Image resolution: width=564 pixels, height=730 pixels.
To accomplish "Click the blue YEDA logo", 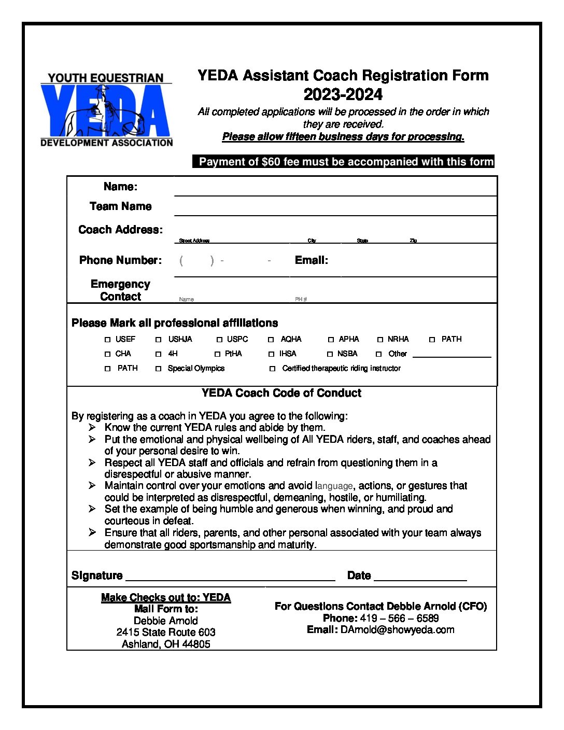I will click(106, 110).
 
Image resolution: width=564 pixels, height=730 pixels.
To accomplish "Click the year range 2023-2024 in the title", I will click(343, 94).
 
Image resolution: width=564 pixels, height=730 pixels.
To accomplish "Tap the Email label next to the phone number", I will click(311, 260).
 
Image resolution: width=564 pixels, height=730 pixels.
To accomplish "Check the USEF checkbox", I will click(108, 340).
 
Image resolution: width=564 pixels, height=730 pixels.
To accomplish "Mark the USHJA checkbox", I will click(159, 340).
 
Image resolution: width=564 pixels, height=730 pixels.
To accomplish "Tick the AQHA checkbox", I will click(271, 340).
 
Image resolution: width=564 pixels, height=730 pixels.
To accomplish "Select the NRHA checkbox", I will click(380, 340).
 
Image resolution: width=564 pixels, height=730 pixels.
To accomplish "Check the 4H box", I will click(159, 354).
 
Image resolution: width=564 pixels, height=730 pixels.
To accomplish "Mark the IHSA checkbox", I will click(271, 354).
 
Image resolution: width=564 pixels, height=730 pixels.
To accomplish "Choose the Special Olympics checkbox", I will click(159, 369).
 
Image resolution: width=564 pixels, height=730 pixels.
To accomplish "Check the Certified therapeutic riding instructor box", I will click(273, 369).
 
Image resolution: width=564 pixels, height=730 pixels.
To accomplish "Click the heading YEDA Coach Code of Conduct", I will click(281, 393).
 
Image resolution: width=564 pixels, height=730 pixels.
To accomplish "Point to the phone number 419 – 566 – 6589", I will click(399, 618).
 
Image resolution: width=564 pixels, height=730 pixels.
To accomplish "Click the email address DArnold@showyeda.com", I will click(397, 630).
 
